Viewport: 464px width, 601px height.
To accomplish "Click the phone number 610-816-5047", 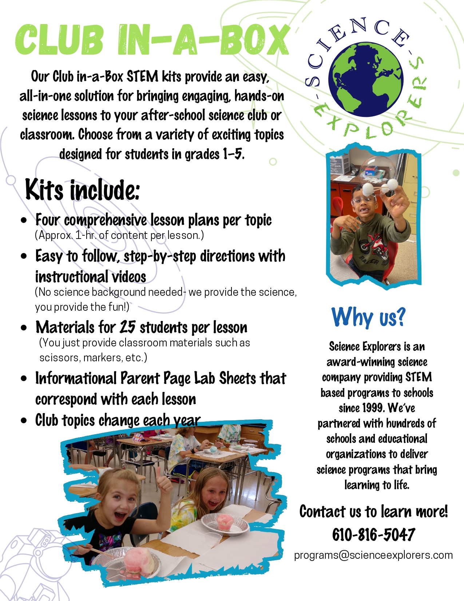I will point(373,535).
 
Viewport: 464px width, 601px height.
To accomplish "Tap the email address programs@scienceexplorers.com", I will point(373,555).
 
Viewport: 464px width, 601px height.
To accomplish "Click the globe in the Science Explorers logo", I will point(366,79).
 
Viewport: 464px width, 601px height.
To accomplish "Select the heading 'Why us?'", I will point(368,317).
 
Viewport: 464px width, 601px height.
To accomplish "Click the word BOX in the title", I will point(255,40).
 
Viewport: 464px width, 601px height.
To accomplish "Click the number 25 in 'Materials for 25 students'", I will point(128,327).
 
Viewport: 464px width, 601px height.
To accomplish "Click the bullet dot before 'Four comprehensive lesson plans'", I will point(24,220).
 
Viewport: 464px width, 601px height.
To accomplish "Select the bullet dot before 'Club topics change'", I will point(24,421).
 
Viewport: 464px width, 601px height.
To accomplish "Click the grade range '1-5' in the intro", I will point(233,154).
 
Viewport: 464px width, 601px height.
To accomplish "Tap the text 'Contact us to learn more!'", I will point(373,511).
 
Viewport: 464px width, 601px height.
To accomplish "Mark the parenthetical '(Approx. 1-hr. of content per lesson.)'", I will point(119,235).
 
